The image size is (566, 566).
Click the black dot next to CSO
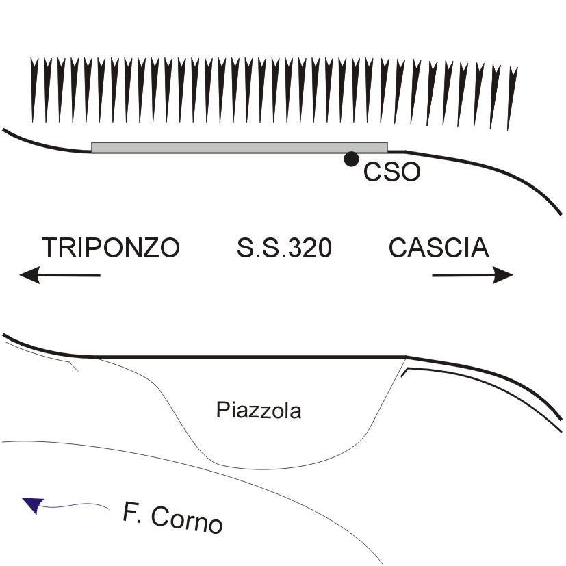coord(351,159)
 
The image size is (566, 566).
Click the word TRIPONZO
coord(111,247)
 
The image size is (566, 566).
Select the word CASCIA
coord(439,247)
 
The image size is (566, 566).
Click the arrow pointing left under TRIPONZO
coord(60,275)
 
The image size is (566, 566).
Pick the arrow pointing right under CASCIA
coord(472,275)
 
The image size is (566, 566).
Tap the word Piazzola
coord(259,411)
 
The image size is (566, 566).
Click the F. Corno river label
coord(173,517)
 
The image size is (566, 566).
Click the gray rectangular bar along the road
coord(240,147)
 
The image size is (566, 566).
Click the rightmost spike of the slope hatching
coord(511,96)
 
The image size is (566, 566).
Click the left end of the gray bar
coord(94,147)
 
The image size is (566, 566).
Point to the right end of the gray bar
coord(385,147)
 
